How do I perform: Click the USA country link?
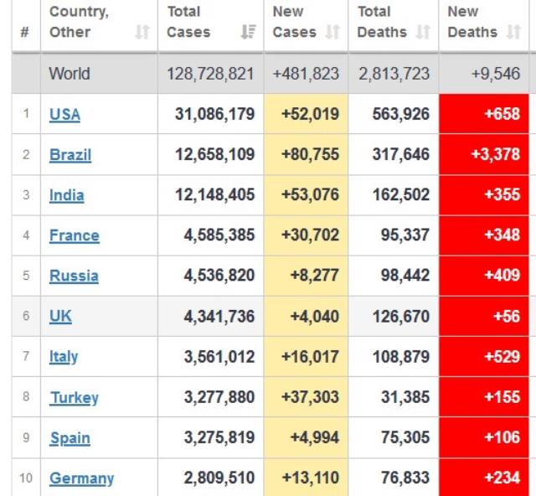click(x=64, y=115)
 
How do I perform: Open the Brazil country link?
click(x=70, y=155)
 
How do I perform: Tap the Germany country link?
click(x=81, y=478)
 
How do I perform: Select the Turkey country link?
click(x=74, y=398)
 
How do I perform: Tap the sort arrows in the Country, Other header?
click(x=142, y=33)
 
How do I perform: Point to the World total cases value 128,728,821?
click(x=210, y=74)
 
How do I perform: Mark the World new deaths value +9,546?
click(x=495, y=74)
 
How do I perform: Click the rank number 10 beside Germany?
click(x=26, y=478)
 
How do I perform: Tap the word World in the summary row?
click(x=70, y=74)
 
